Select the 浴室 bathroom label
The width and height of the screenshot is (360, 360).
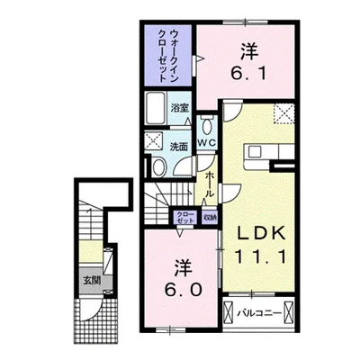click(179, 107)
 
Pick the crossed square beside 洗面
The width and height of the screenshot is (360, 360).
click(153, 142)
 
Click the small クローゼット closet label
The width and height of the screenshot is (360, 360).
click(186, 216)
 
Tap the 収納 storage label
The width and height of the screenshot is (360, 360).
click(209, 216)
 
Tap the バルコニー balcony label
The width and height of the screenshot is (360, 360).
click(265, 314)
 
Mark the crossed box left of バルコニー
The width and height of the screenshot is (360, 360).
click(230, 314)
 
